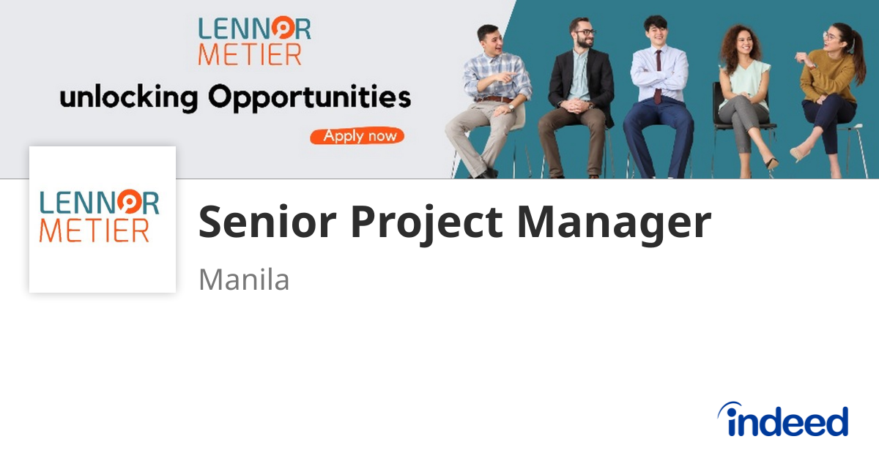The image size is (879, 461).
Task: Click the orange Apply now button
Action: click(x=357, y=136)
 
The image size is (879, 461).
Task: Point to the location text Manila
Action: click(x=244, y=280)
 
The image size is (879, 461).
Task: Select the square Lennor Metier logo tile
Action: click(x=103, y=220)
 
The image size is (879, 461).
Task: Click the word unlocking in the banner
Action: click(x=129, y=97)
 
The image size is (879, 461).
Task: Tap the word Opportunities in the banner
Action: click(x=309, y=97)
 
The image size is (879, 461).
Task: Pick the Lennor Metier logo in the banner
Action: click(x=254, y=41)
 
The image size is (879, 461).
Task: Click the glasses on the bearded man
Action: click(x=584, y=33)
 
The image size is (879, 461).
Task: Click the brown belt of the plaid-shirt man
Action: click(x=497, y=99)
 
